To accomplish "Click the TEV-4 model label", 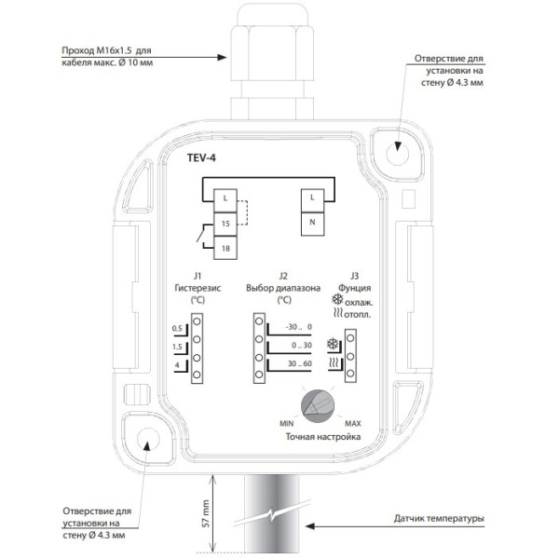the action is click(x=201, y=157).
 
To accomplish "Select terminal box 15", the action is click(x=225, y=224).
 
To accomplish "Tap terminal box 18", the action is click(x=225, y=248).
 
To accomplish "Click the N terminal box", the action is click(x=313, y=225).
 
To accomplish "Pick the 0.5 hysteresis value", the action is click(x=177, y=328).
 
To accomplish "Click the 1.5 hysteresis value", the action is click(x=177, y=347).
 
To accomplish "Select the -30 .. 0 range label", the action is click(x=298, y=327).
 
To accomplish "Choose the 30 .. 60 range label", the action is click(x=299, y=363).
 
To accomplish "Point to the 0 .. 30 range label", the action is click(x=302, y=345).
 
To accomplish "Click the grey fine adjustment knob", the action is click(x=318, y=406).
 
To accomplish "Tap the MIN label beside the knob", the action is click(x=287, y=424).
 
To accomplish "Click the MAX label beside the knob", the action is click(x=353, y=424).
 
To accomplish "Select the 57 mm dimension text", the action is click(x=206, y=513).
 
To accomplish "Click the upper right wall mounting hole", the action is click(x=398, y=154).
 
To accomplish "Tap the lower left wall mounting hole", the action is click(x=148, y=439).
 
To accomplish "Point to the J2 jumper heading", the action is click(x=283, y=276).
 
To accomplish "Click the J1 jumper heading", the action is click(x=198, y=276).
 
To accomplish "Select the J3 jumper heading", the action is click(x=354, y=276).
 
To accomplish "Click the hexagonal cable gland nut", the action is click(x=272, y=52).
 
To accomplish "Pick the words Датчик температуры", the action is click(x=439, y=519).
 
